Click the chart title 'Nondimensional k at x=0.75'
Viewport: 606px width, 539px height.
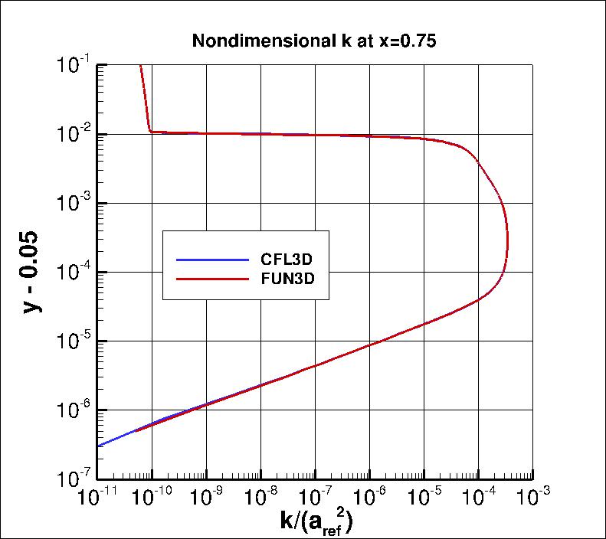[x=313, y=42]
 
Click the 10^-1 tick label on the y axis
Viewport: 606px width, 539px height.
[x=74, y=65]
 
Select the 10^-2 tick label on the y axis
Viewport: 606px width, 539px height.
[x=74, y=134]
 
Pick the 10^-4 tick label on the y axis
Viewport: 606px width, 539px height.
[x=74, y=272]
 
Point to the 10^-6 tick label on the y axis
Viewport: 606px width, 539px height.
[x=74, y=410]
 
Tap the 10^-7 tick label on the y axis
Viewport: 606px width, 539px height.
[x=74, y=479]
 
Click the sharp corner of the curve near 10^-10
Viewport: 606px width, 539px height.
[x=150, y=132]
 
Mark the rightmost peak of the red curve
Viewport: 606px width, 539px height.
[x=507, y=237]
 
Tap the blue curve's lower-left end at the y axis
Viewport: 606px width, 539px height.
[x=99, y=446]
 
